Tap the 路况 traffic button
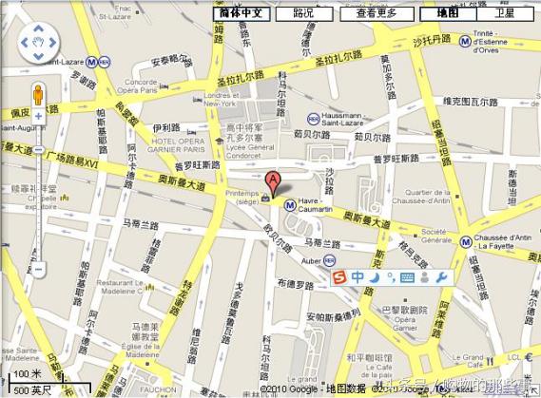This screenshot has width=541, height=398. [x=303, y=13]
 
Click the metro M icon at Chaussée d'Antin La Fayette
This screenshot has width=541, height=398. [x=466, y=241]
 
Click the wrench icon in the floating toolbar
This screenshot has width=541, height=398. [x=440, y=276]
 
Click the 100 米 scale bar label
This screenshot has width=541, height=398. [x=29, y=375]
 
